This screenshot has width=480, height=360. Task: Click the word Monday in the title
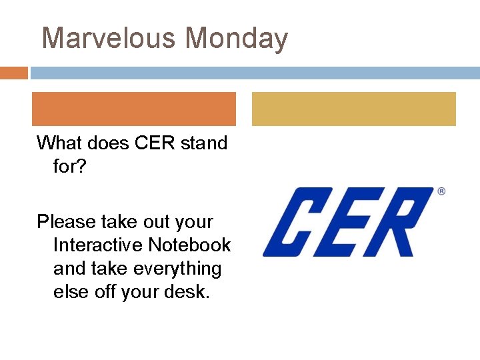coord(237,38)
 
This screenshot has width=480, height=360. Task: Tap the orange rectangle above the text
coord(134,109)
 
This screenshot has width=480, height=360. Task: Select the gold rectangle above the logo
coord(353,109)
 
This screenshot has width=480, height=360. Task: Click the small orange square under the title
coord(13,73)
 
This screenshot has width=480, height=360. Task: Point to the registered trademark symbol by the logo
coord(441,191)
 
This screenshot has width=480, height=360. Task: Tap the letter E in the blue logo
coord(346,222)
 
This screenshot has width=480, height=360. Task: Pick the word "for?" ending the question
coord(70,166)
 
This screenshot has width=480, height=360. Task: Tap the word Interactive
coord(98,245)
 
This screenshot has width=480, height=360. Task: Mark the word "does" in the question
coord(107,143)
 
